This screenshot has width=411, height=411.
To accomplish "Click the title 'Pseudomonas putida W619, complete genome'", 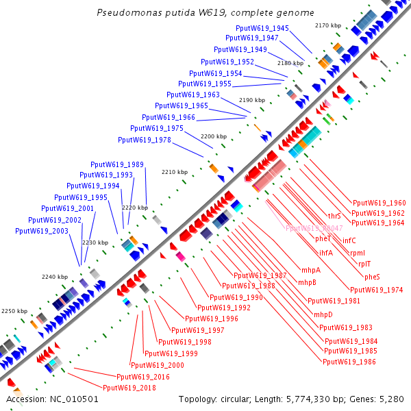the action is click(x=206, y=12).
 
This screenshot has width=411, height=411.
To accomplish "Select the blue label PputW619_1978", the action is click(x=145, y=140).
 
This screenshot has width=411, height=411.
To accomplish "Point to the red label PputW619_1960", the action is click(x=379, y=203).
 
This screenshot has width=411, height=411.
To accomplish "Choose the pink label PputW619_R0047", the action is click(x=314, y=228).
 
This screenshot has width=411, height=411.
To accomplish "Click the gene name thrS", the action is click(x=334, y=216).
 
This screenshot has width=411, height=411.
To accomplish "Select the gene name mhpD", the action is click(x=323, y=314).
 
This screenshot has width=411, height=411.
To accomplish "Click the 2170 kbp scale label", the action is click(x=327, y=25).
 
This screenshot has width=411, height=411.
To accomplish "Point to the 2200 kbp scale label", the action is click(x=213, y=136).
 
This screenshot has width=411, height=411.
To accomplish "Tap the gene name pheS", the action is click(x=372, y=277).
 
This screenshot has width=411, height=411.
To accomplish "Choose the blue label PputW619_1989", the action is click(x=117, y=164).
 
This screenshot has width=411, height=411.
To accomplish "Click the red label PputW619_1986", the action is click(x=349, y=361).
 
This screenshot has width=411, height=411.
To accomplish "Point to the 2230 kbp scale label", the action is click(x=95, y=242).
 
